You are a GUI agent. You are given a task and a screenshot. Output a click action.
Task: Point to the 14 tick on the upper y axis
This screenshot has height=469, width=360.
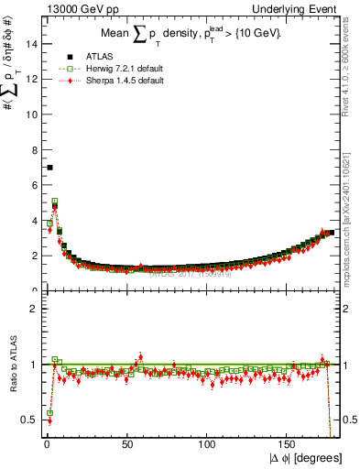tap(33, 43)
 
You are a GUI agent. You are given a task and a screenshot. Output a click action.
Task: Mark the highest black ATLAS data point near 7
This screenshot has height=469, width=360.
tap(49, 168)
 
